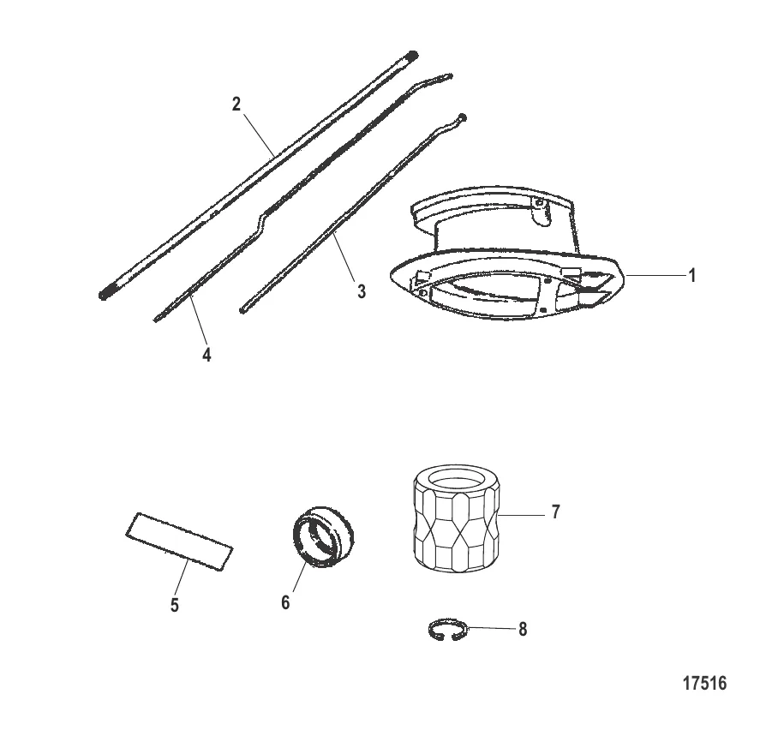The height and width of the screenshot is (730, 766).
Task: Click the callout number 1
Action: [691, 276]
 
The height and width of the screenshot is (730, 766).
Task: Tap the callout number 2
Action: [236, 104]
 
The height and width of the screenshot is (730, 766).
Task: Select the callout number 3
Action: [361, 291]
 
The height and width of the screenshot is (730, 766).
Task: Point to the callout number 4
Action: [206, 355]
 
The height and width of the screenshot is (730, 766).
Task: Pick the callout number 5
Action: [175, 605]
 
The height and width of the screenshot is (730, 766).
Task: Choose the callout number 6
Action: [286, 602]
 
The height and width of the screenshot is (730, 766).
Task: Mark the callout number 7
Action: [555, 512]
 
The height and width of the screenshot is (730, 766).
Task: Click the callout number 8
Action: [523, 630]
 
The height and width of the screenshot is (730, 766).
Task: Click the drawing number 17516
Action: [704, 683]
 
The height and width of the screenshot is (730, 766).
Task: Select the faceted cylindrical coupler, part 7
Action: [457, 518]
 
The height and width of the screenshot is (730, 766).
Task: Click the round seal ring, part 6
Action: [323, 536]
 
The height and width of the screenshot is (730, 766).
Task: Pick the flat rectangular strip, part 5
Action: [179, 541]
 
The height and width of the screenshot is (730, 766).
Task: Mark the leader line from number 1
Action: [655, 276]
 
